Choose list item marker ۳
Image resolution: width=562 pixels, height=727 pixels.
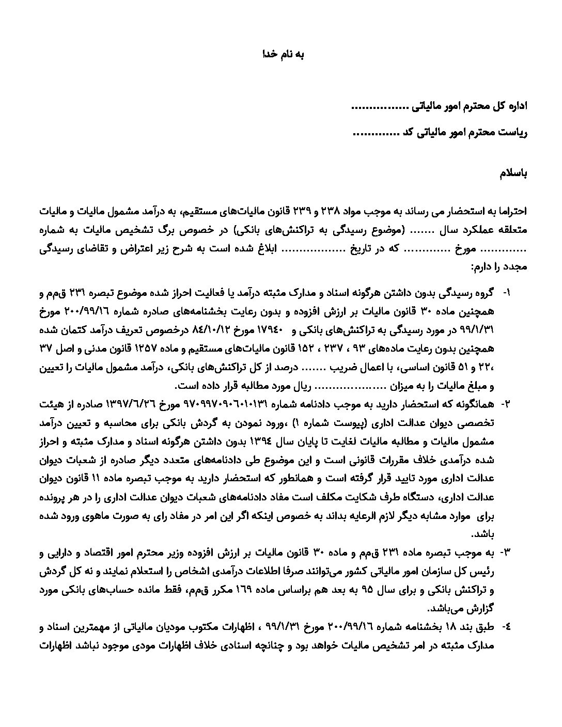pos(505,554)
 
